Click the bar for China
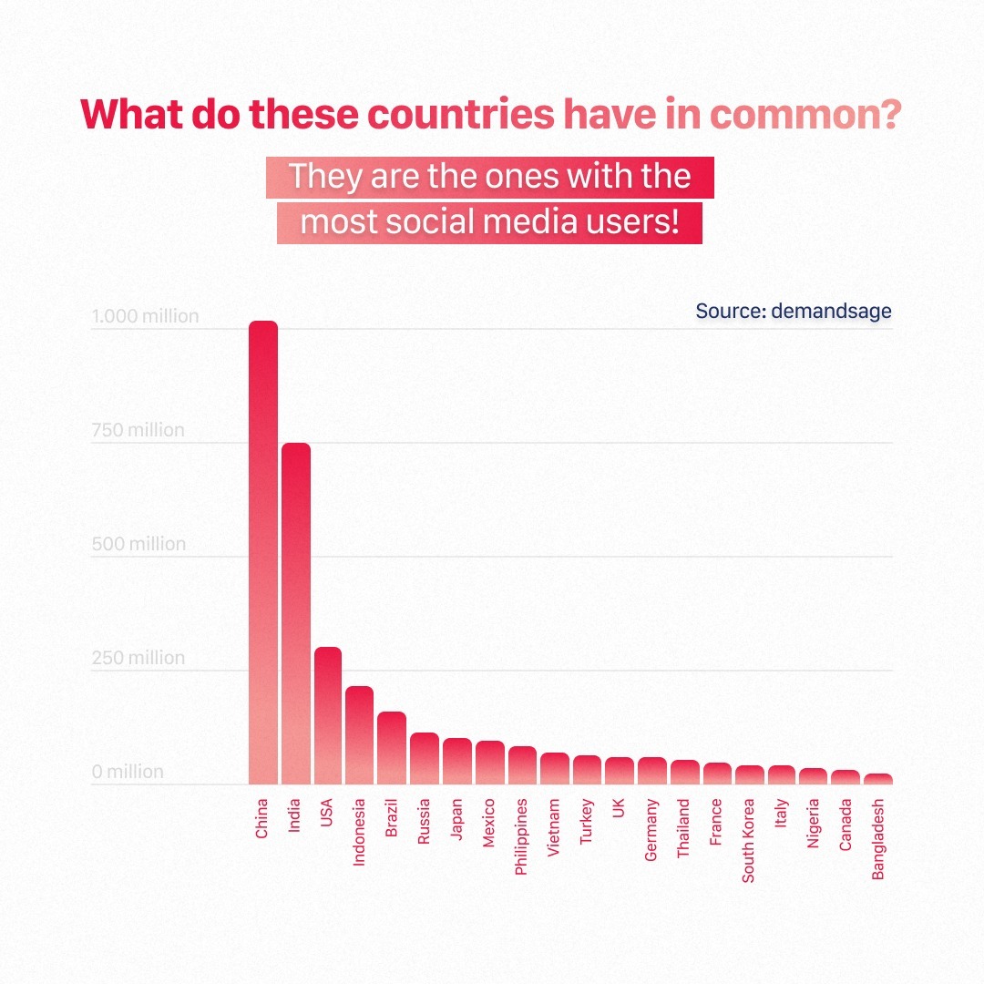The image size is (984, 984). click(x=263, y=552)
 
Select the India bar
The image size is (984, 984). click(x=295, y=613)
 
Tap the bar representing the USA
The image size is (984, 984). click(x=327, y=715)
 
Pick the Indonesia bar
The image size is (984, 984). click(x=359, y=734)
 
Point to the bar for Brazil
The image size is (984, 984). click(x=392, y=747)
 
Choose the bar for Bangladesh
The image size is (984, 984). click(x=878, y=779)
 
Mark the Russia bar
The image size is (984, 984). click(x=424, y=758)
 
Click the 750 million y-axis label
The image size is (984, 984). click(x=138, y=430)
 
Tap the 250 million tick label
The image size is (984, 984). click(x=138, y=658)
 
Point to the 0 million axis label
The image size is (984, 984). click(x=128, y=772)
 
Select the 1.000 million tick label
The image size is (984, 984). click(x=145, y=317)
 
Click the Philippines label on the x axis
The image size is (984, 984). click(x=521, y=837)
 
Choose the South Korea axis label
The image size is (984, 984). click(x=748, y=841)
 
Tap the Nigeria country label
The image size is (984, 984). click(x=813, y=824)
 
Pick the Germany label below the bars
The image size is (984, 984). click(x=651, y=830)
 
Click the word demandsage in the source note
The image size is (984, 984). click(x=831, y=311)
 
